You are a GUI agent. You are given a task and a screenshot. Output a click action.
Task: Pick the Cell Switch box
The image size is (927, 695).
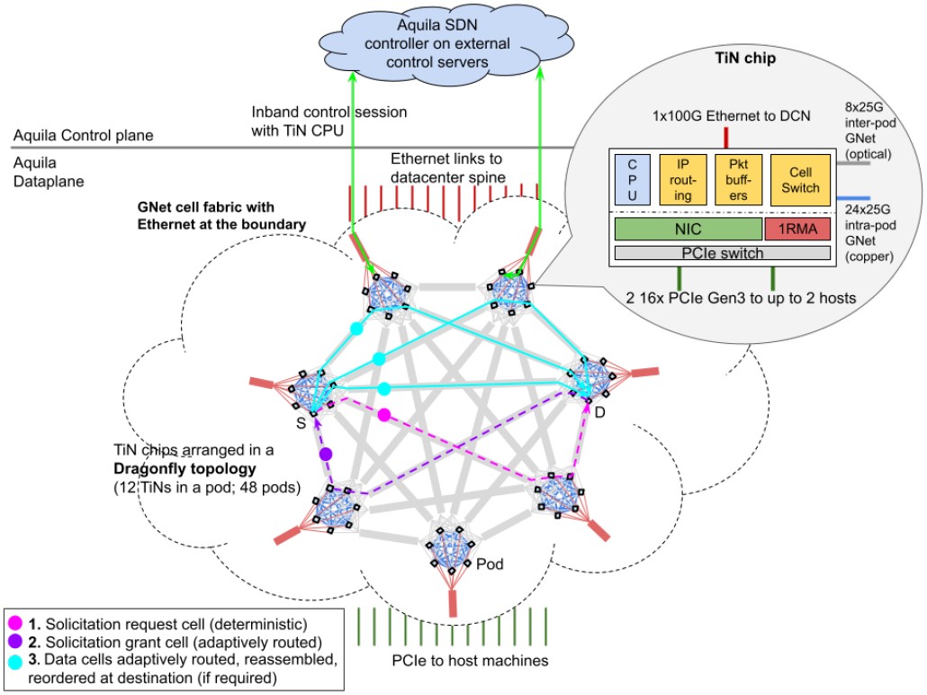(x=797, y=180)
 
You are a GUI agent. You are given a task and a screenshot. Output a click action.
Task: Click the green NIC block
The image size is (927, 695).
(x=688, y=228)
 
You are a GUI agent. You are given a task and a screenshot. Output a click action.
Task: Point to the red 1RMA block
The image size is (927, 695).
(x=796, y=228)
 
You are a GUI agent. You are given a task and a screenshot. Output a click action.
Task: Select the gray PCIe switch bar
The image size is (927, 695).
(x=721, y=254)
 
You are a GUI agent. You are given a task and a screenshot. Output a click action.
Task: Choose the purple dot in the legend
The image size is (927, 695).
(x=15, y=642)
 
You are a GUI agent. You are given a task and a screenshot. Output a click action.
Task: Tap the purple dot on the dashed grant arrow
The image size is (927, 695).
(x=326, y=454)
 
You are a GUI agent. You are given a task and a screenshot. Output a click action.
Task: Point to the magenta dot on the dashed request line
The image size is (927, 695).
(x=384, y=415)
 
